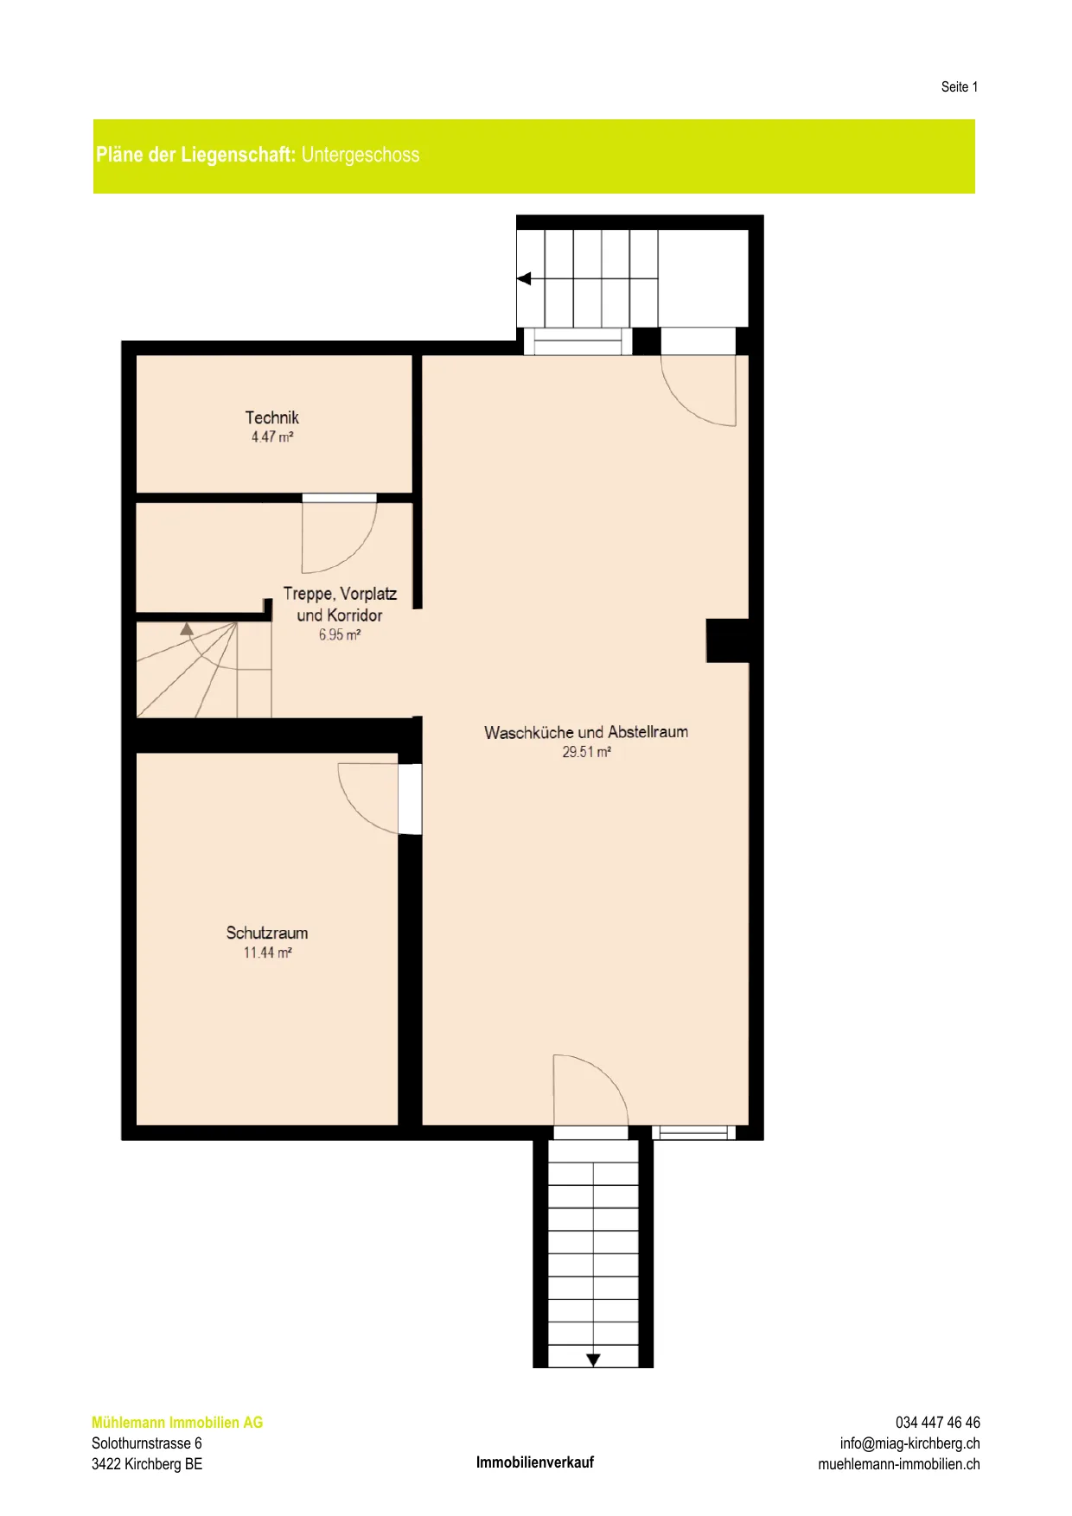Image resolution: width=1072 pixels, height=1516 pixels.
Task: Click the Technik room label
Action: [272, 417]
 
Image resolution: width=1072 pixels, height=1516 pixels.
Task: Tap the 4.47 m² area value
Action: [272, 437]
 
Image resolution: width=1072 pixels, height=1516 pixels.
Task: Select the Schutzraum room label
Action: [267, 933]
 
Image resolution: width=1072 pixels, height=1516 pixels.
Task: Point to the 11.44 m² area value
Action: [267, 952]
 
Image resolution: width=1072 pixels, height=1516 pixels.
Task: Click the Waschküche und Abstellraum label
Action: [586, 732]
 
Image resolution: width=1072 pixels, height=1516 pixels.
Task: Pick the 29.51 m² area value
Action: [586, 752]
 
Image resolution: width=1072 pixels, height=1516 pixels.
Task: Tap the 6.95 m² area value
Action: [340, 634]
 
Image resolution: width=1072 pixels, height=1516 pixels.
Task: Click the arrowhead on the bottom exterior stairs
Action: [593, 1360]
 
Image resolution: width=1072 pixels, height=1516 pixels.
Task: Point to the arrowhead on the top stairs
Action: [524, 278]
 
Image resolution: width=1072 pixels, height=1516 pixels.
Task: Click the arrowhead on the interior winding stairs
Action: [187, 628]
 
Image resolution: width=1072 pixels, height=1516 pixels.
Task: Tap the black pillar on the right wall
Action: [728, 640]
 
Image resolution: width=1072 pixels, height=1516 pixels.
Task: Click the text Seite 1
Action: [960, 86]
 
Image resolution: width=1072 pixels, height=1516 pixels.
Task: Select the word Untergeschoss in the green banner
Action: [361, 155]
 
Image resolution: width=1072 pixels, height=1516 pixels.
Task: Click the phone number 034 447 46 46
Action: [938, 1422]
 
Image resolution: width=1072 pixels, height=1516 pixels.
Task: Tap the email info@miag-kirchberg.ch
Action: [910, 1443]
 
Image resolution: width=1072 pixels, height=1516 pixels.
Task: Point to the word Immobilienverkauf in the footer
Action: [535, 1462]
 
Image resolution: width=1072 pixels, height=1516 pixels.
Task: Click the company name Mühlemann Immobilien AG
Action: [177, 1422]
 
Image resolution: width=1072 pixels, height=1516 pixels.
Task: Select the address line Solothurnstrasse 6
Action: [147, 1443]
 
